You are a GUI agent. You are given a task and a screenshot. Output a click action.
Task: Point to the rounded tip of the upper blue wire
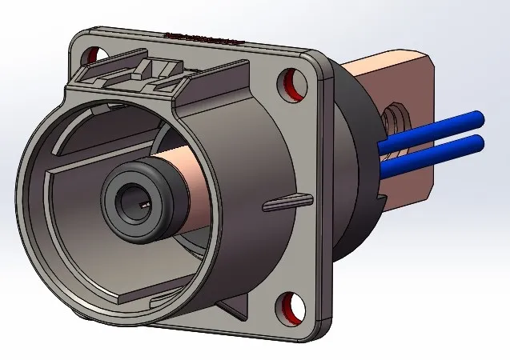coord(479,117)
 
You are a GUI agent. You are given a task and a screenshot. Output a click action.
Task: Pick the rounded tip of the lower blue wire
coord(479,142)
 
